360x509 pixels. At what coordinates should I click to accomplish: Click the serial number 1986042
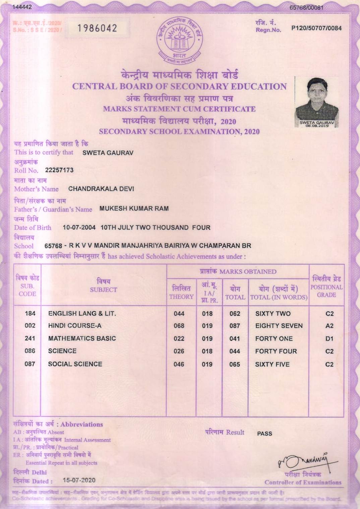97,28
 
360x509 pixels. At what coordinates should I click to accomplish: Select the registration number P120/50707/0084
316,28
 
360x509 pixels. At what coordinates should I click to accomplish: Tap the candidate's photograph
316,102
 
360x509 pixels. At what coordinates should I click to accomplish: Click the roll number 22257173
59,170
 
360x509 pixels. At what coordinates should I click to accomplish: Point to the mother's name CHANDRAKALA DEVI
101,189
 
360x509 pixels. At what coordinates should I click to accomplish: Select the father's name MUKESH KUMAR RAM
134,208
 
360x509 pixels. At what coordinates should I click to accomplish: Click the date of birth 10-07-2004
79,228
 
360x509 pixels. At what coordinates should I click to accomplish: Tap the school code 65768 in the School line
53,246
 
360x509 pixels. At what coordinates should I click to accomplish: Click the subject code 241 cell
30,338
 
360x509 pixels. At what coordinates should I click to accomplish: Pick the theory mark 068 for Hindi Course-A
179,326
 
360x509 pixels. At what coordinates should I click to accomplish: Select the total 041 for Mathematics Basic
235,339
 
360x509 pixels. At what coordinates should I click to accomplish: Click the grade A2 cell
329,326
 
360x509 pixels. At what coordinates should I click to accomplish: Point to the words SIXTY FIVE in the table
272,364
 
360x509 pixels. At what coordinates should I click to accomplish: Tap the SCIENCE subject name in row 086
62,351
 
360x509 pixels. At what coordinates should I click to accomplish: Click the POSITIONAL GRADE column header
326,287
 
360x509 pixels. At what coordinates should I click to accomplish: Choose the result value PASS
264,434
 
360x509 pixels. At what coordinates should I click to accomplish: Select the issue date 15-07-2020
79,480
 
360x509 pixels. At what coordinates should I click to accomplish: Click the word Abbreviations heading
81,424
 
